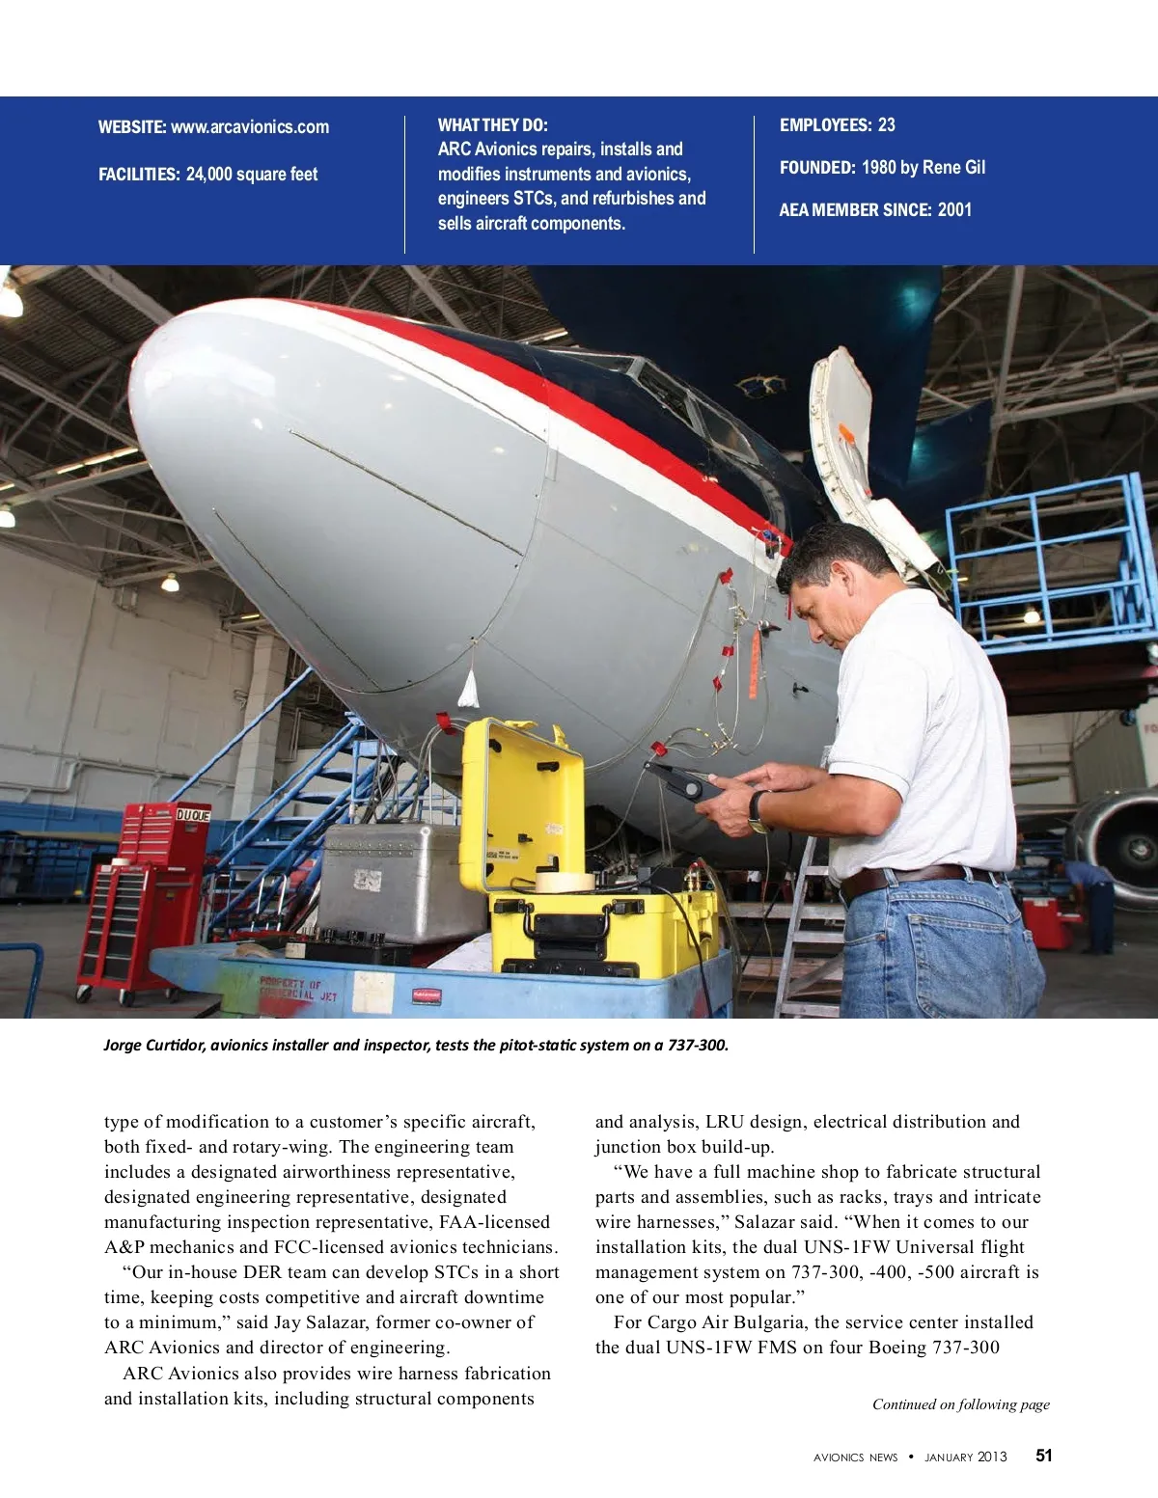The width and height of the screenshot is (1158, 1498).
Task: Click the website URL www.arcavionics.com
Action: click(249, 127)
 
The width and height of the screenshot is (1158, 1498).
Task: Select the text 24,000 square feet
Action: click(251, 175)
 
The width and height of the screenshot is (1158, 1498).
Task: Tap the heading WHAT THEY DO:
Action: click(492, 124)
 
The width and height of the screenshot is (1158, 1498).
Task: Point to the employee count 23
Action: click(886, 124)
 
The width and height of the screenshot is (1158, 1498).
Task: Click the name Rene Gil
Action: click(953, 167)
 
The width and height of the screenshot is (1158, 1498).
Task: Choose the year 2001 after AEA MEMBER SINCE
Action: click(954, 209)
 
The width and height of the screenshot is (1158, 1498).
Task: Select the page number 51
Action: click(1044, 1456)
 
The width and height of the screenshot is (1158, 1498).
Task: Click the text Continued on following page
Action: click(960, 1404)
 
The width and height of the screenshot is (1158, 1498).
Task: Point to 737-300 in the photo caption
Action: click(697, 1045)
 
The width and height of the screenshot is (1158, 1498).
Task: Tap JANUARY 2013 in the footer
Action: click(965, 1457)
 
